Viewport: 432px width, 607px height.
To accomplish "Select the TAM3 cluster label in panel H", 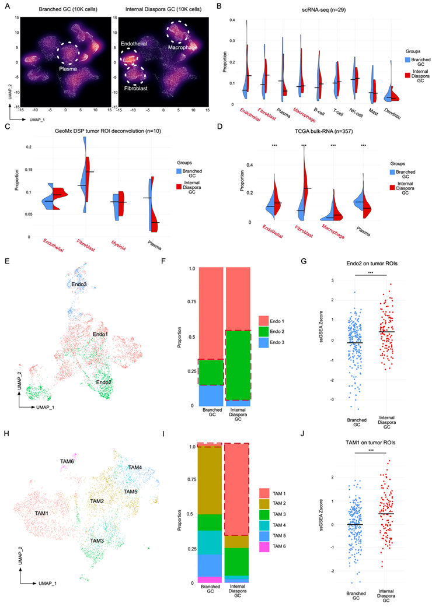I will [x=97, y=541].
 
